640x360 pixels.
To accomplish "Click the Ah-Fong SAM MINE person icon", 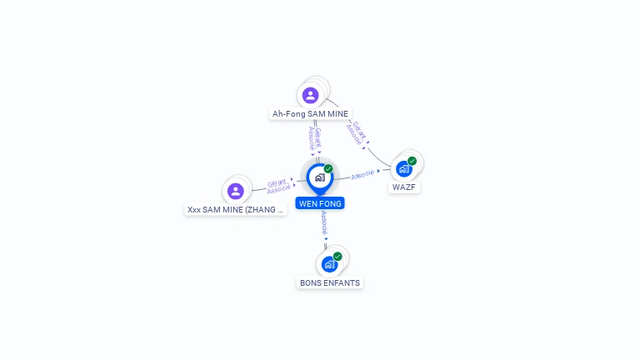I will point(311,95).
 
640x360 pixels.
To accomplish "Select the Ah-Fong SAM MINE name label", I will point(310,114).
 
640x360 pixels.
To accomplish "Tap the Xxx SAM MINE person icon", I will point(236,191).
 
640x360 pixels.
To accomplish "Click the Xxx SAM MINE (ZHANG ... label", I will point(236,210).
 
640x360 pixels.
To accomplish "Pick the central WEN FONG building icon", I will point(319,177).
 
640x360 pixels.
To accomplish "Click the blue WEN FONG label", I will point(319,203).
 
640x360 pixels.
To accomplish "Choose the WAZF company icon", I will point(404,169).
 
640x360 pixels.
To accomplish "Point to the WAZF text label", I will point(404,187).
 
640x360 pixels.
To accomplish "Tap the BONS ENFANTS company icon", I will point(329,264).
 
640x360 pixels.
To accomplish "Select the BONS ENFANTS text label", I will point(330,283).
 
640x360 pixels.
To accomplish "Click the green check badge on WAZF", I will point(412,161).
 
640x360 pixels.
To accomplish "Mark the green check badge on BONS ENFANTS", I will point(337,257).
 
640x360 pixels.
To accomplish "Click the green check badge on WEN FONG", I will point(328,169).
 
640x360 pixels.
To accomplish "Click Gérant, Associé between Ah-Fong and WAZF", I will point(356,133).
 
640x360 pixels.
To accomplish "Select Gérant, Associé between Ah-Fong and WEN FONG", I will point(314,138).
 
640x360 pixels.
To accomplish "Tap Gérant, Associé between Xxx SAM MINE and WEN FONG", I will point(279,186).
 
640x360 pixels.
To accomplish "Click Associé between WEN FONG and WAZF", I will point(363,174).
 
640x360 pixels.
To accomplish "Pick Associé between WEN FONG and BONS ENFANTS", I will point(324,222).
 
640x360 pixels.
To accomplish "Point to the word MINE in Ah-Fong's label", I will point(336,114).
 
